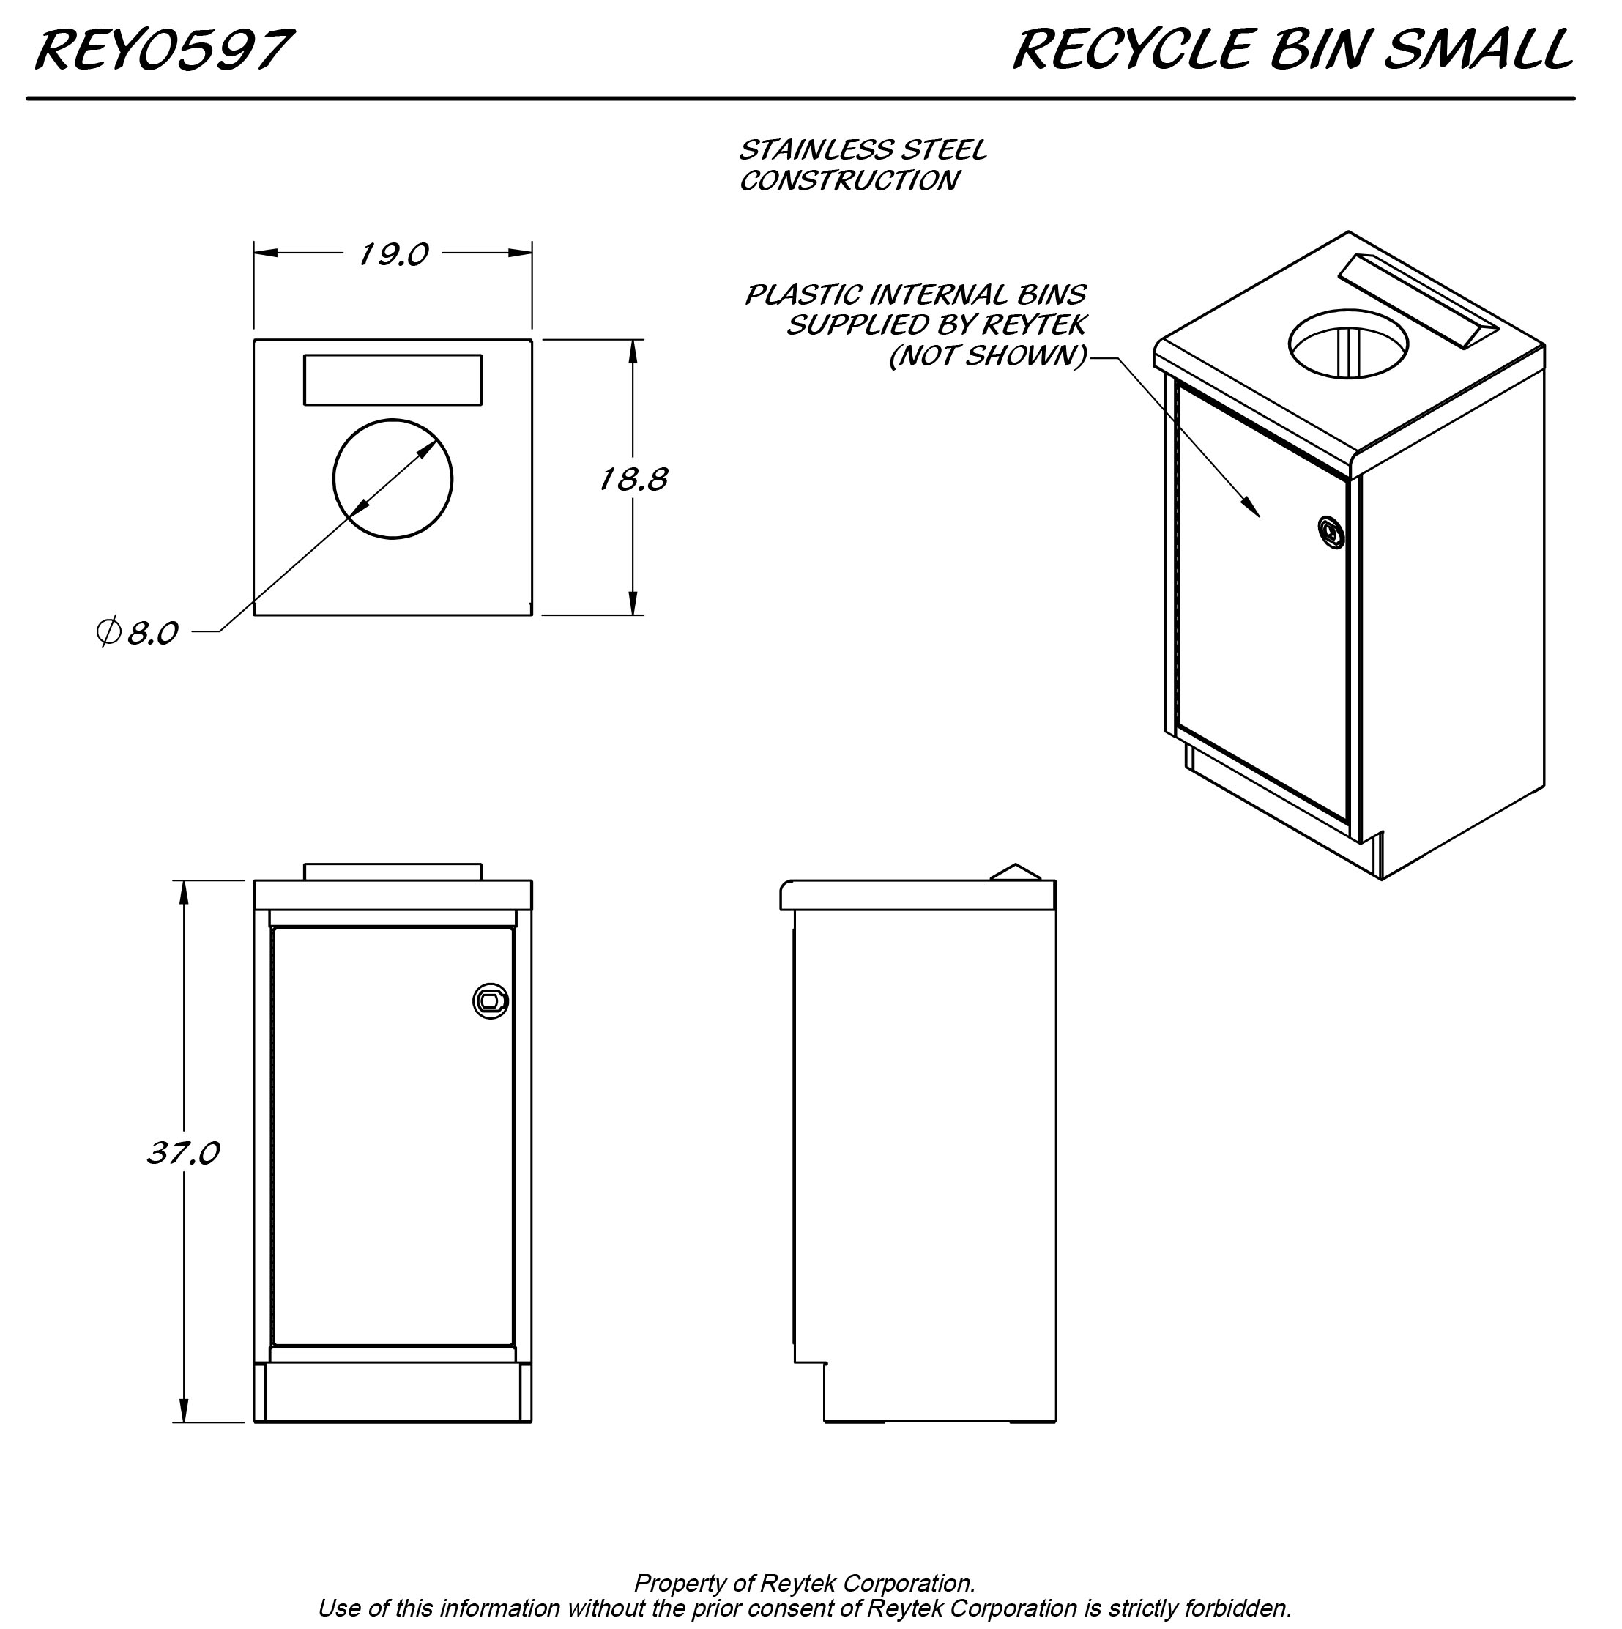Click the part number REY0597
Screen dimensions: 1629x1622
coord(163,51)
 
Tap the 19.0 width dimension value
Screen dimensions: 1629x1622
coord(393,253)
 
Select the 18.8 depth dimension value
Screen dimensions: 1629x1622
coord(633,479)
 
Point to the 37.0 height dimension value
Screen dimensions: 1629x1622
coord(183,1151)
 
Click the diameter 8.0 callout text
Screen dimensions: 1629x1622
coord(139,631)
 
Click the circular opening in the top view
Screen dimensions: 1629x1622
coord(393,479)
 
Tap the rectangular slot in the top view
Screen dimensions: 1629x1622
coord(393,379)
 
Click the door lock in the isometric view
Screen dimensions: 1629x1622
coord(1331,531)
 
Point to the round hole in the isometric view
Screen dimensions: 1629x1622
coord(1348,344)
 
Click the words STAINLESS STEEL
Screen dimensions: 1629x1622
coord(863,150)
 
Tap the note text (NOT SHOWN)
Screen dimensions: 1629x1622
coord(988,356)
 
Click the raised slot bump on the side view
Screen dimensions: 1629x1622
coord(1016,872)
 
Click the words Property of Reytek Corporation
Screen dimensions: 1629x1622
coord(804,1583)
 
